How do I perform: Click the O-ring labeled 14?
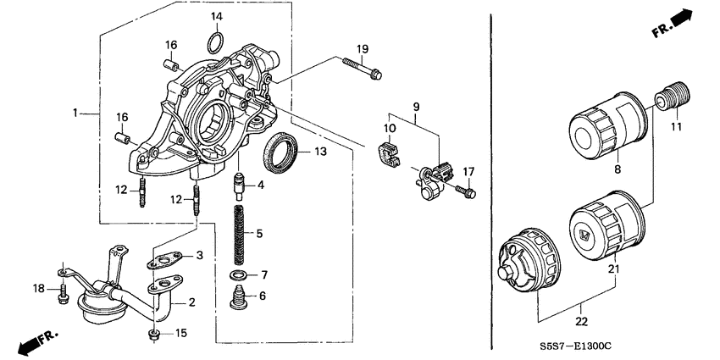point(215,41)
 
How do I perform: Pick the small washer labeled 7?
point(240,277)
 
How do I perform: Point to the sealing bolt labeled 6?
point(240,297)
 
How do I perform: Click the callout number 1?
point(75,113)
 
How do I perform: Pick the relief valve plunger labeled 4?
point(240,183)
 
